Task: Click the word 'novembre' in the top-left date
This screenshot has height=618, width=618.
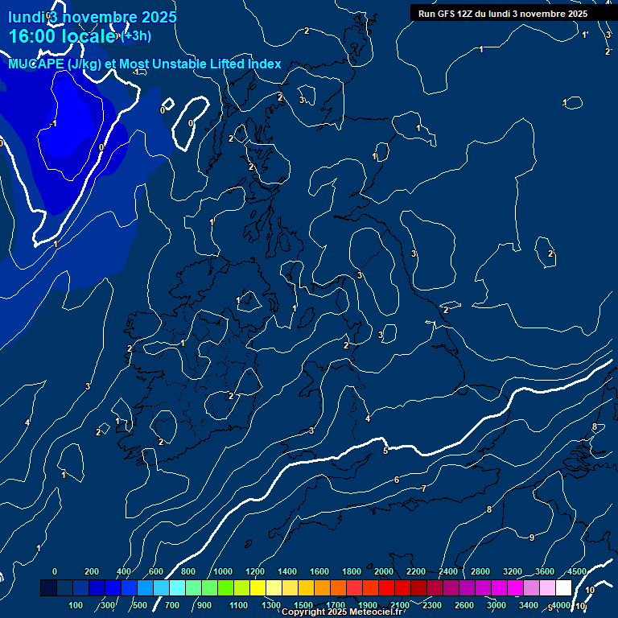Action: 97,17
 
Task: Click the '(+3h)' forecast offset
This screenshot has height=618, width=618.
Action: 136,35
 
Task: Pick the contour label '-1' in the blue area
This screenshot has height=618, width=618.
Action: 53,123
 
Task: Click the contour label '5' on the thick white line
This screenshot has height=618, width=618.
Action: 385,451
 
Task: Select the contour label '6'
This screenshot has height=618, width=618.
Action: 397,480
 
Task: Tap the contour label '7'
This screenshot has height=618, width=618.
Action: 424,488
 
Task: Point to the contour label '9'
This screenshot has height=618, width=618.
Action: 532,537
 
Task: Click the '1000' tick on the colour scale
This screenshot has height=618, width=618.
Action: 223,571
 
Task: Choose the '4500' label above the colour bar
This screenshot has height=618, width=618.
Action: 576,571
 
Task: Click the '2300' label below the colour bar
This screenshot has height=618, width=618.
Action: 432,604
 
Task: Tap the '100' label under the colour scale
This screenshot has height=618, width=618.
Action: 76,604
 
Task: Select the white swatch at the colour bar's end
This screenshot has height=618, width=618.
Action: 563,587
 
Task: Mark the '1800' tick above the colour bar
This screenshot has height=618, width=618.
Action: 352,571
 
